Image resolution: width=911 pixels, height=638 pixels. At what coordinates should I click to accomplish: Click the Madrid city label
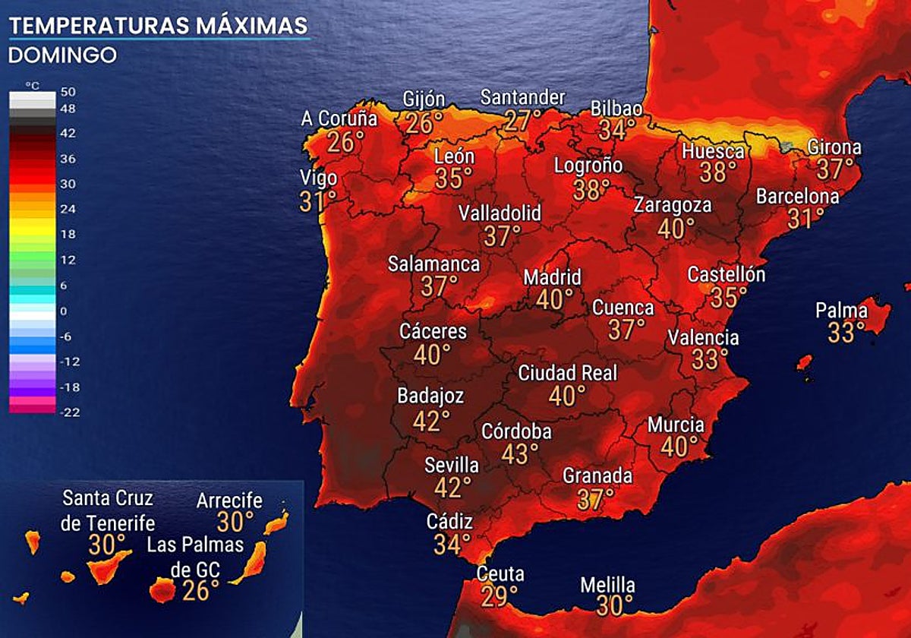click(x=552, y=277)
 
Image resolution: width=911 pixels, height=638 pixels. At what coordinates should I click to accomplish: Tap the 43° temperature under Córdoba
click(x=519, y=454)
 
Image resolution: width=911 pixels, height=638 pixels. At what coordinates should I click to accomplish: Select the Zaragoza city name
click(x=673, y=205)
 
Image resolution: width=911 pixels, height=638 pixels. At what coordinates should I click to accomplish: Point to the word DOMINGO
click(x=62, y=55)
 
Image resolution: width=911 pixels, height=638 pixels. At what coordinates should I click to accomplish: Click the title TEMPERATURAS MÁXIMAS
click(x=158, y=26)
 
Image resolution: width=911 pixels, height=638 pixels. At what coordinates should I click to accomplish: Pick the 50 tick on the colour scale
click(x=68, y=91)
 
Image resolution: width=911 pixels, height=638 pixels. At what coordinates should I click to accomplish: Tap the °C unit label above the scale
click(x=32, y=85)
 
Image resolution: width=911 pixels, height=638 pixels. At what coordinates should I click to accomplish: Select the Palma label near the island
click(x=841, y=311)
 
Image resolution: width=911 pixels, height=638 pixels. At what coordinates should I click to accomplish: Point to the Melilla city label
click(x=607, y=586)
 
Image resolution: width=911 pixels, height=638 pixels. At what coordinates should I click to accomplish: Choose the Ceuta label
click(x=500, y=574)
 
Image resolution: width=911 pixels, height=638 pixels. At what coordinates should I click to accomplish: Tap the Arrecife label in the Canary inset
click(x=229, y=501)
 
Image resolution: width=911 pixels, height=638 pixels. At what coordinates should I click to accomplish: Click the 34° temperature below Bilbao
click(x=616, y=129)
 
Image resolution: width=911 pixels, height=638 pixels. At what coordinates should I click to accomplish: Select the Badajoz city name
click(x=430, y=396)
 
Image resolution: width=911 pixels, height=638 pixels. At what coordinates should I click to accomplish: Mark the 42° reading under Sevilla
click(x=452, y=487)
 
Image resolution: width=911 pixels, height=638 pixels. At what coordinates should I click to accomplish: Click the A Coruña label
click(x=339, y=119)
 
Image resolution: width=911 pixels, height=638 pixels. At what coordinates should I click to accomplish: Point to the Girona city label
click(x=834, y=147)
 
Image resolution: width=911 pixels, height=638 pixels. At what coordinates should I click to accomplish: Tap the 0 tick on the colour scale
click(x=64, y=311)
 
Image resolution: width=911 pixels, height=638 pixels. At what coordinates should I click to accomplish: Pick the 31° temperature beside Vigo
click(x=318, y=201)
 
